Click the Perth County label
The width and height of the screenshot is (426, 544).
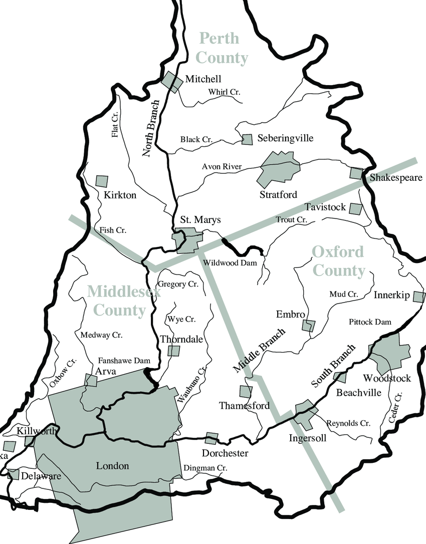222,48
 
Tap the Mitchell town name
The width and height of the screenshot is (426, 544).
203,79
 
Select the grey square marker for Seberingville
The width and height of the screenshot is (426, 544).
247,139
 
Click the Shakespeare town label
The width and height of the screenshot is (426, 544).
396,178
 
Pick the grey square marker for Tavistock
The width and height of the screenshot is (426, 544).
355,208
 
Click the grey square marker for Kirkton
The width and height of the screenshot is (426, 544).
102,181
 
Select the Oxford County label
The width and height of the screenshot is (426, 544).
338,261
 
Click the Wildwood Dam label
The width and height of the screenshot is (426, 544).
230,262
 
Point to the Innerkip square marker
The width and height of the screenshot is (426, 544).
418,297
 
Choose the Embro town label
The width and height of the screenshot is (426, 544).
291,315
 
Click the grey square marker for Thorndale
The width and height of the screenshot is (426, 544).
173,350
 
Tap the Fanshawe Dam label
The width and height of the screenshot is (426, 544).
124,360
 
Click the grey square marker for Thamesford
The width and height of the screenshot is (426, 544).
246,391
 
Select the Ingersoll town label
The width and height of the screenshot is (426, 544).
308,438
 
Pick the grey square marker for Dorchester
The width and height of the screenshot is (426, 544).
212,438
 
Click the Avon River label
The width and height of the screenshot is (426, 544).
222,167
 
